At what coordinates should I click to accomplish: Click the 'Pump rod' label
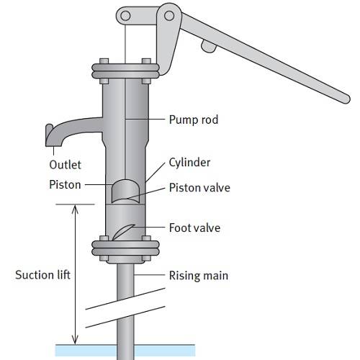(194, 120)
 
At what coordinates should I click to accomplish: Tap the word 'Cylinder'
(189, 163)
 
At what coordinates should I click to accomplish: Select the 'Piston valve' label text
(199, 188)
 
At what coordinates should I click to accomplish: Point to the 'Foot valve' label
(194, 228)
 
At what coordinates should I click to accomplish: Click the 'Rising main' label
(199, 276)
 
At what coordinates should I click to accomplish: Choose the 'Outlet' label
(65, 165)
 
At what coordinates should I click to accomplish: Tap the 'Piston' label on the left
(65, 185)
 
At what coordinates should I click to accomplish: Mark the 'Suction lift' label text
(42, 275)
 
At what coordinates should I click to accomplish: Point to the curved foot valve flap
(122, 231)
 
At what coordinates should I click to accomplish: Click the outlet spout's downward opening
(53, 145)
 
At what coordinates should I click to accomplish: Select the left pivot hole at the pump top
(125, 16)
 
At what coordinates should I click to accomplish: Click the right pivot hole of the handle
(169, 16)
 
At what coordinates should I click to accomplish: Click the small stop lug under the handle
(208, 46)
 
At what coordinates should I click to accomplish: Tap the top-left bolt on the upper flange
(104, 61)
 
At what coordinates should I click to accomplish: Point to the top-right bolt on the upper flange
(146, 61)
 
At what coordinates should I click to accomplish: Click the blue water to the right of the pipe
(164, 351)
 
